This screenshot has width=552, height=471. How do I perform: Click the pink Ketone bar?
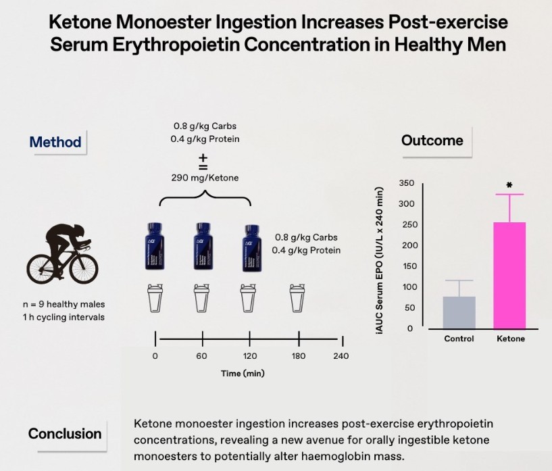click(x=509, y=275)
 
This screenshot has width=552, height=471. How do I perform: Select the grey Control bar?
click(x=459, y=312)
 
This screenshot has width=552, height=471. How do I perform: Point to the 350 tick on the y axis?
click(x=406, y=183)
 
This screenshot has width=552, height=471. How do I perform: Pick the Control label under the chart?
click(x=459, y=339)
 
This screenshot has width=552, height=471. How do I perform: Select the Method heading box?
click(x=55, y=142)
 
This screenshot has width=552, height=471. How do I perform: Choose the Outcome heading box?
click(x=432, y=141)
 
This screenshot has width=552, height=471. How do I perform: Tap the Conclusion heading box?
click(x=65, y=434)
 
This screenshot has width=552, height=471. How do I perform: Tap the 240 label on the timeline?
click(x=341, y=356)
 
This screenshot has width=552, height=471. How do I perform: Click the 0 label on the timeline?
click(x=155, y=356)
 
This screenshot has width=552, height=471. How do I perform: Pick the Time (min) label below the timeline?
click(x=243, y=373)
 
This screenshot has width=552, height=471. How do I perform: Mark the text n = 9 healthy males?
click(x=55, y=304)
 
